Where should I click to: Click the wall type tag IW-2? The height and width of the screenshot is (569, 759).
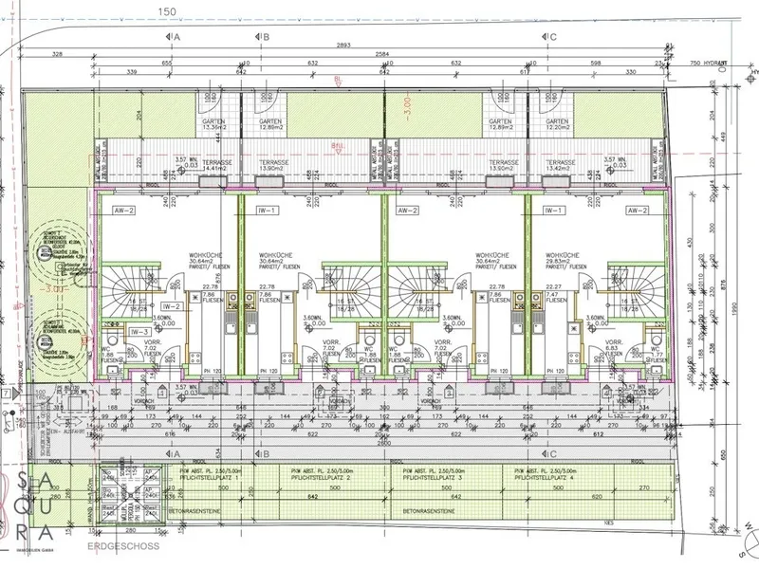[x=171, y=307]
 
